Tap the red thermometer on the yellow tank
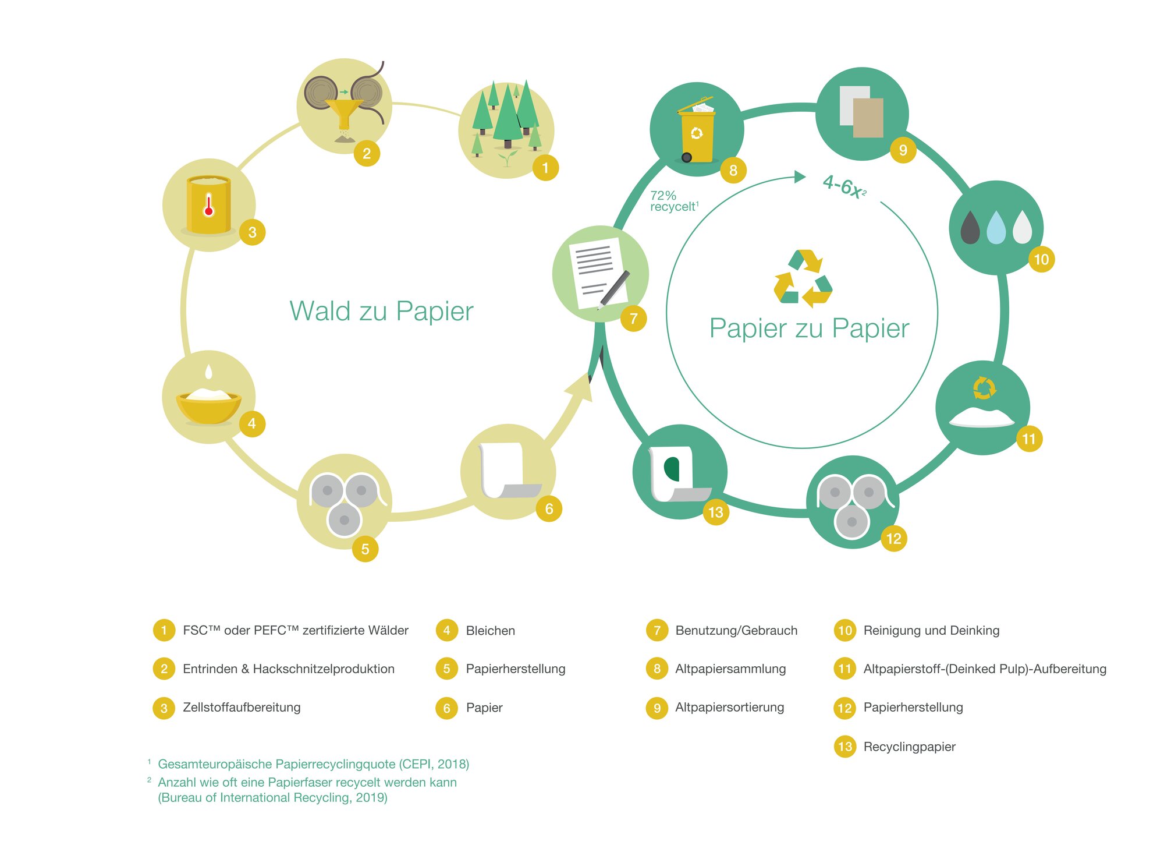[208, 206]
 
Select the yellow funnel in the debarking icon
[343, 114]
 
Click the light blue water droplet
[996, 227]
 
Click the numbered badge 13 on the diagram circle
[715, 512]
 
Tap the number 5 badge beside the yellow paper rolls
[365, 549]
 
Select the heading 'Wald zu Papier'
[381, 311]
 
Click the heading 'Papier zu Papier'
[809, 328]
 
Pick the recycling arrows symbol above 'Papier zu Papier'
[803, 278]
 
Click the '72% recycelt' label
[674, 201]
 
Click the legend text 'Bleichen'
[490, 631]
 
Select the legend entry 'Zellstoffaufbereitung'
[242, 708]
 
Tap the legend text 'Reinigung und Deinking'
[931, 630]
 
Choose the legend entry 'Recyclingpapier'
[909, 747]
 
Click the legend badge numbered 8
[656, 669]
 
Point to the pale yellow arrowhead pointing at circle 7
[579, 387]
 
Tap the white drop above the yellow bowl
[209, 372]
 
